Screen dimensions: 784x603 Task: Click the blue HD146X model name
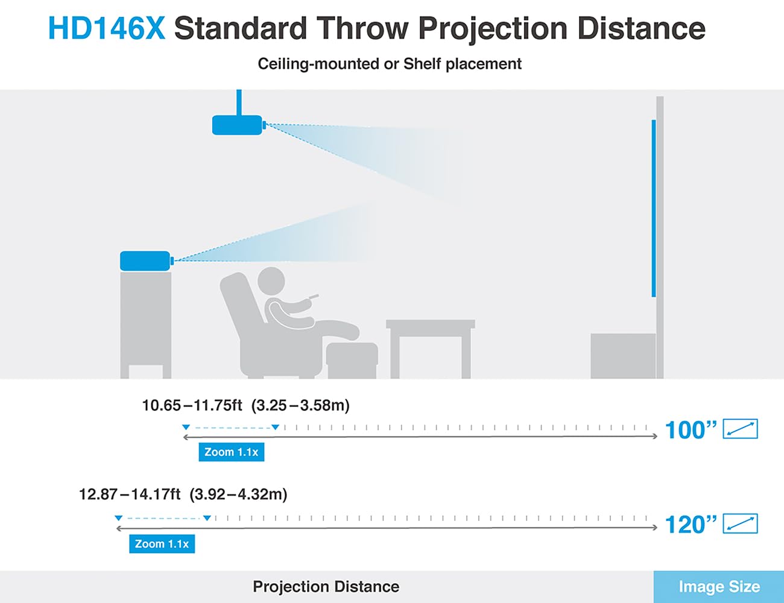point(107,28)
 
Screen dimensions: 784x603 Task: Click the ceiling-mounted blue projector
point(239,125)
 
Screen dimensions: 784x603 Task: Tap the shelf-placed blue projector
point(147,260)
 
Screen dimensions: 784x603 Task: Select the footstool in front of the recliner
point(352,360)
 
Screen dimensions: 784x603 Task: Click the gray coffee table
point(431,349)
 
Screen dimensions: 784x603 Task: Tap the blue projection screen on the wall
point(654,209)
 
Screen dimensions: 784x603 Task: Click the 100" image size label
point(691,430)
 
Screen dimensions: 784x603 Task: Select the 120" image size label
point(691,525)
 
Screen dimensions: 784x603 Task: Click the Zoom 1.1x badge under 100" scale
point(231,452)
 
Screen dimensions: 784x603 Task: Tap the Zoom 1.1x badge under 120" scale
point(162,544)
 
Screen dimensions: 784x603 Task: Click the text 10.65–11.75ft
point(192,405)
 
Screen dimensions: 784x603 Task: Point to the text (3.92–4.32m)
point(238,494)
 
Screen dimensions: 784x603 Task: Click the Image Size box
point(719,587)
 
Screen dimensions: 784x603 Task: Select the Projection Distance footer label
point(326,587)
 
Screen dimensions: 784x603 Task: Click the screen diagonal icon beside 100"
point(741,429)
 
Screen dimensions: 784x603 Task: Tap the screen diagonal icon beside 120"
point(741,523)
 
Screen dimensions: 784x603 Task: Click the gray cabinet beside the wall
point(623,356)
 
